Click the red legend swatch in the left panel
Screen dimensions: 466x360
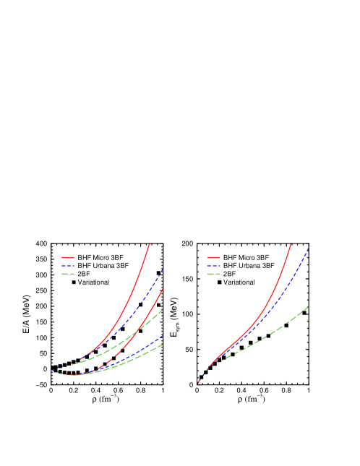(x=68, y=257)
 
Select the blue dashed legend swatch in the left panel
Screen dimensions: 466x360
(x=68, y=266)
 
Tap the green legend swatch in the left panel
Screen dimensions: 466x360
(x=68, y=275)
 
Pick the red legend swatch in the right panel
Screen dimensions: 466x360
(x=213, y=257)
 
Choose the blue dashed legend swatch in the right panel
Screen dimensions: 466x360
(x=213, y=266)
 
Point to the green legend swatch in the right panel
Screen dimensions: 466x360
(x=213, y=275)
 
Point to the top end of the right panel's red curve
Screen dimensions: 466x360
(x=291, y=245)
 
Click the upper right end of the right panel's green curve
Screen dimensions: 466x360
(x=309, y=307)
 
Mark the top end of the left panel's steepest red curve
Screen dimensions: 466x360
(x=149, y=245)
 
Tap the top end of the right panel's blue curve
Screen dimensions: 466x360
(x=309, y=249)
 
